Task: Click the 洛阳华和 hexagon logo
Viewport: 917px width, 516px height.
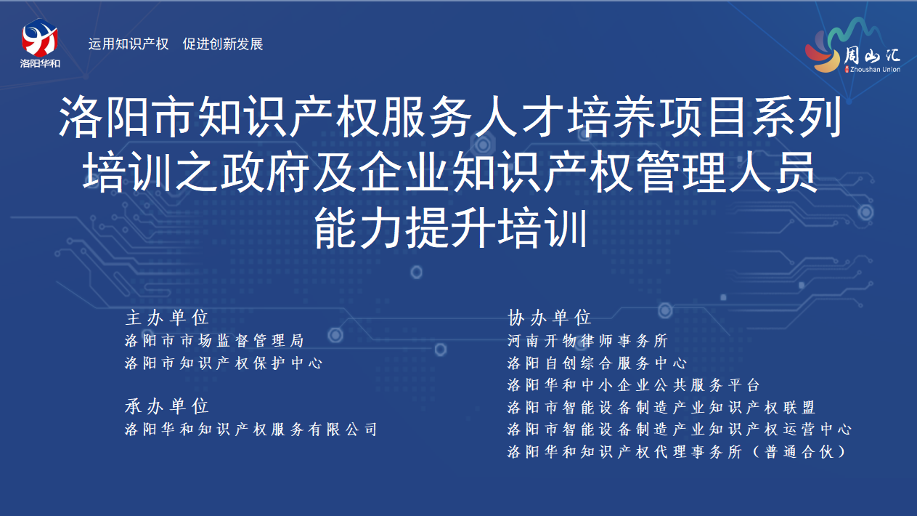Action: point(40,38)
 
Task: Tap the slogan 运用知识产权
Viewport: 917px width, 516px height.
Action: point(129,44)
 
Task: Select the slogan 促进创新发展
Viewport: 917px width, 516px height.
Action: point(223,44)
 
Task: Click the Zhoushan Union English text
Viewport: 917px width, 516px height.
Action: point(875,70)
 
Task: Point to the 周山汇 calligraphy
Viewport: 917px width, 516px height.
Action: point(872,55)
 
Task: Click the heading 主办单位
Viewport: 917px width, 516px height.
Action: point(167,318)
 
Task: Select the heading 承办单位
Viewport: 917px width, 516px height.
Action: point(167,406)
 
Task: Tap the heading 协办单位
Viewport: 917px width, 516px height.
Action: point(550,318)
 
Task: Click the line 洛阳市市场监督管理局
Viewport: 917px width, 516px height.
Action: point(214,341)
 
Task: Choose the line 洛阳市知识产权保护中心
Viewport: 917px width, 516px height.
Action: point(224,363)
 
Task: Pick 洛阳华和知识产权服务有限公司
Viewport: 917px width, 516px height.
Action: point(251,430)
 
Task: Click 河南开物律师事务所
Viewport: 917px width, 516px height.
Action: point(587,341)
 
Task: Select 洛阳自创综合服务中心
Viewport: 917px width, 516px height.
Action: point(597,363)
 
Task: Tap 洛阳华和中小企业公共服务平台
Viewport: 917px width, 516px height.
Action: point(634,385)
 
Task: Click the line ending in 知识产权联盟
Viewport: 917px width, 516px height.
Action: point(661,408)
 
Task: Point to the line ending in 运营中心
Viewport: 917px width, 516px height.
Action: point(680,430)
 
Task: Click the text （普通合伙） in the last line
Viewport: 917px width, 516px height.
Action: point(799,452)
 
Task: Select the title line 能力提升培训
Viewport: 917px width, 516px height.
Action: point(451,228)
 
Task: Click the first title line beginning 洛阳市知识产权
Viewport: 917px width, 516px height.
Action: point(450,116)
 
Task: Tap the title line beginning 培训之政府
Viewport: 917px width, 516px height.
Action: point(450,172)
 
